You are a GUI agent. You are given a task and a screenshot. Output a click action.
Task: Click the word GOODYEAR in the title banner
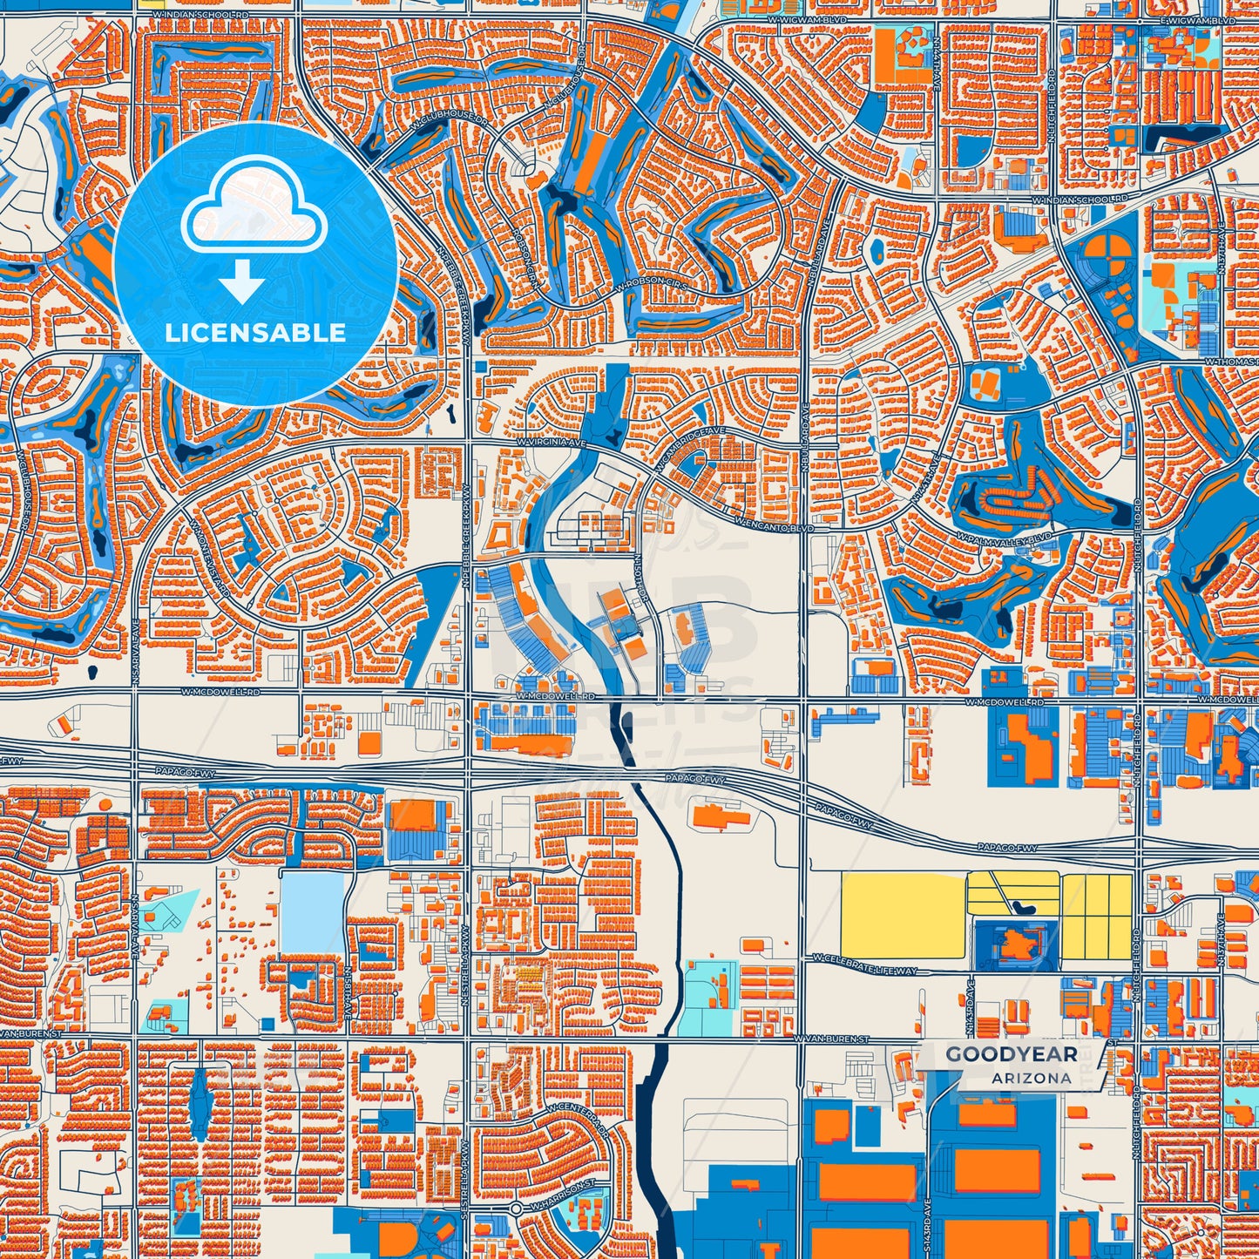point(1011,1054)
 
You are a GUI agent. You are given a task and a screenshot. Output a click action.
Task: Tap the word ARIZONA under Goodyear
point(1031,1078)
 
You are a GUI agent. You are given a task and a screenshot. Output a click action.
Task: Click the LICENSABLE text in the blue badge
point(255,333)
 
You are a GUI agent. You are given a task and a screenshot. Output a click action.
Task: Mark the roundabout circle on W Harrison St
point(516,1209)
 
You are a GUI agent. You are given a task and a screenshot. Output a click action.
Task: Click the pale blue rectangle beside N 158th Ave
point(312,911)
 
